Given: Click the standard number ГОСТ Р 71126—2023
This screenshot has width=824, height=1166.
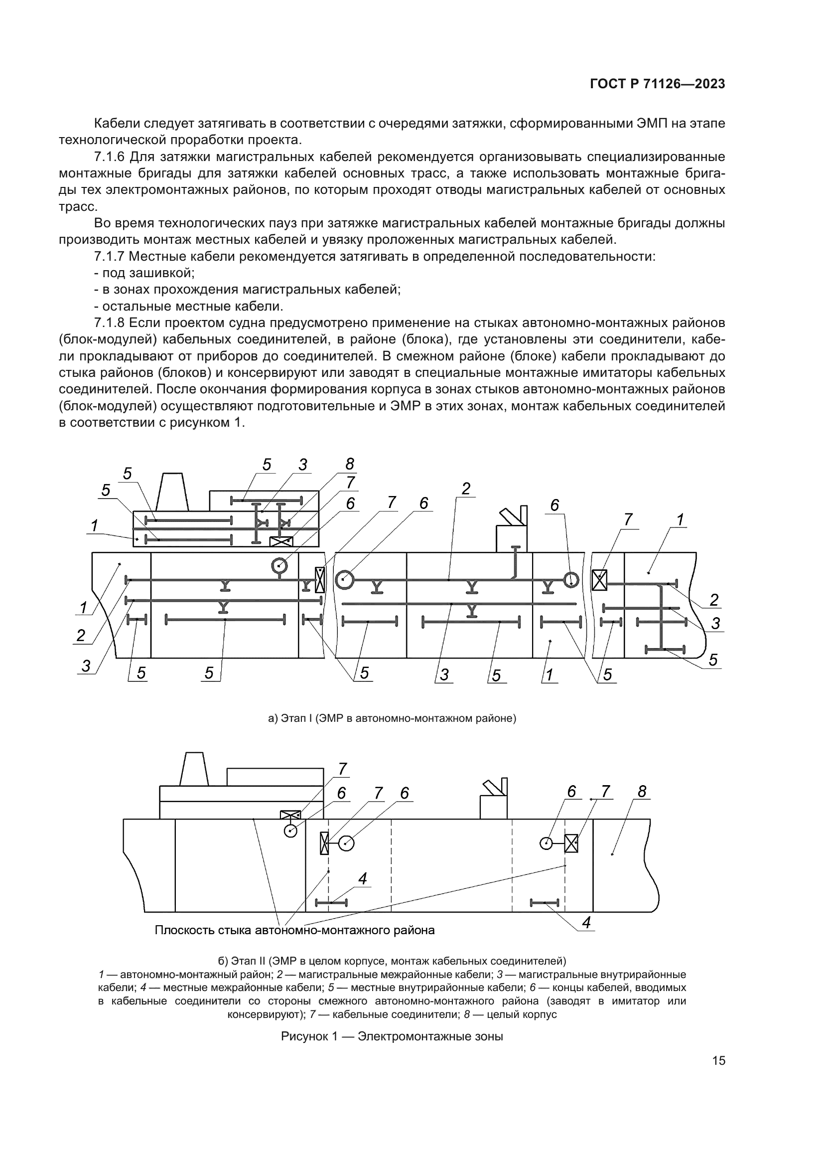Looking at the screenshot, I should (x=658, y=84).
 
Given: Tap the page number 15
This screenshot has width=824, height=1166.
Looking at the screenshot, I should (x=718, y=1060).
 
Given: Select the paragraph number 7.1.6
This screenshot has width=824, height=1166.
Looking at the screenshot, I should (x=109, y=157).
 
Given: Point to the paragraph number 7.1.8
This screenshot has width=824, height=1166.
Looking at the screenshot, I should (x=109, y=323).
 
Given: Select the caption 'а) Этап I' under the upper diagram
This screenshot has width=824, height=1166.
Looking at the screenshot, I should (x=392, y=718).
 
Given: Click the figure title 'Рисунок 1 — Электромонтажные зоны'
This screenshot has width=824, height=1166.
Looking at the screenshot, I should (x=392, y=1036).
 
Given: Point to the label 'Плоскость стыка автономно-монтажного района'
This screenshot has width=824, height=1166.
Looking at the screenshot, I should (x=294, y=930).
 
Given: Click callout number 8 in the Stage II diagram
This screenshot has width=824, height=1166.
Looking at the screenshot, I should (x=642, y=792).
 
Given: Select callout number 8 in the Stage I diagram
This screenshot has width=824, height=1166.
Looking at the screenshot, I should (x=350, y=464).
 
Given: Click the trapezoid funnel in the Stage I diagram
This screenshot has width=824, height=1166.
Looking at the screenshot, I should (x=172, y=492).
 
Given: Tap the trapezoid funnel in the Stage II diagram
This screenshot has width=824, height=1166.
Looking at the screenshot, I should (x=193, y=769).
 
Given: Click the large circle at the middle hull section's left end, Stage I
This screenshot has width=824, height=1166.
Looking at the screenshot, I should (x=344, y=579).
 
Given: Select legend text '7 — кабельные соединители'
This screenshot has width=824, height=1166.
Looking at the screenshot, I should (x=383, y=1014).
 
